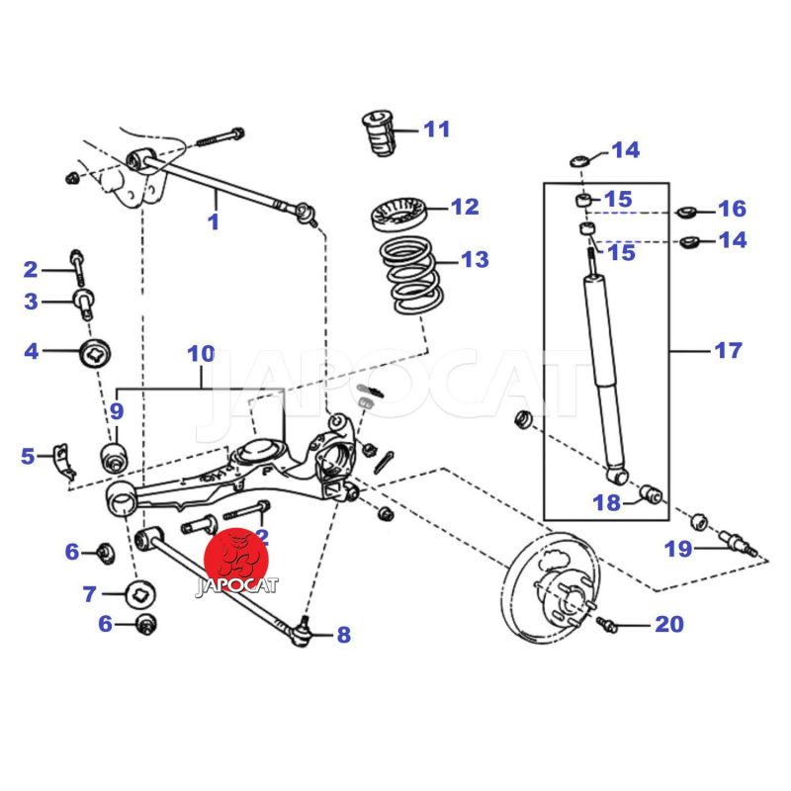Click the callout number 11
click(x=436, y=129)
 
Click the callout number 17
click(x=727, y=350)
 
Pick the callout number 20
click(x=668, y=624)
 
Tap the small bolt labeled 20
click(x=608, y=624)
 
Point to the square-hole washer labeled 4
click(x=96, y=350)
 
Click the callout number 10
click(x=201, y=353)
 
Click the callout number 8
click(x=343, y=635)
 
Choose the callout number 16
click(x=732, y=209)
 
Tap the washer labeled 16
click(x=686, y=212)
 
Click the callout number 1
click(x=214, y=221)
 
